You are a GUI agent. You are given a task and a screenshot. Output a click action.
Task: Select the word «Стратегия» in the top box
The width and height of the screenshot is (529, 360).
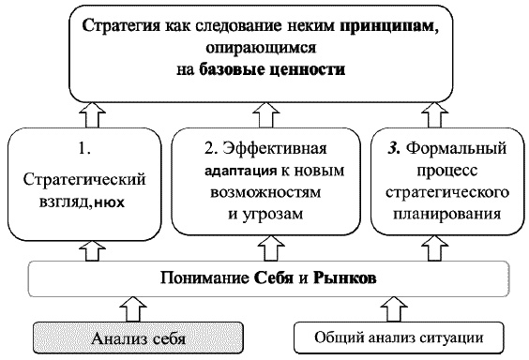pyautogui.click(x=118, y=25)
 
